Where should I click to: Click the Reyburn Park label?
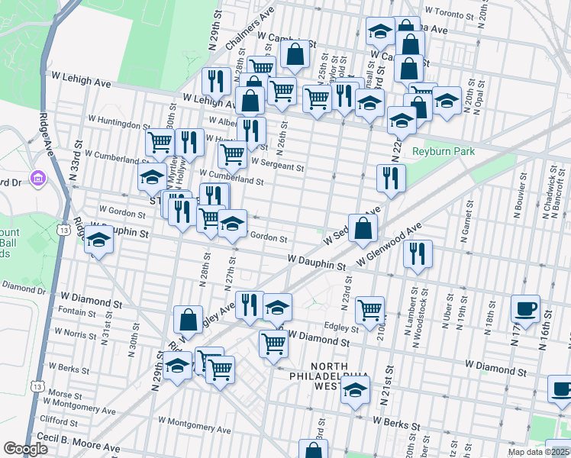(x=444, y=151)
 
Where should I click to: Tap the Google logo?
(x=25, y=449)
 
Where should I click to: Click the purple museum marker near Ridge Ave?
(x=37, y=179)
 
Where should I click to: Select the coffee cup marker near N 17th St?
(x=525, y=308)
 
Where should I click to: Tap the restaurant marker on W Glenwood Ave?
(x=418, y=253)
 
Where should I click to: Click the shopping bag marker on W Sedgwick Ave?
(x=363, y=227)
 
